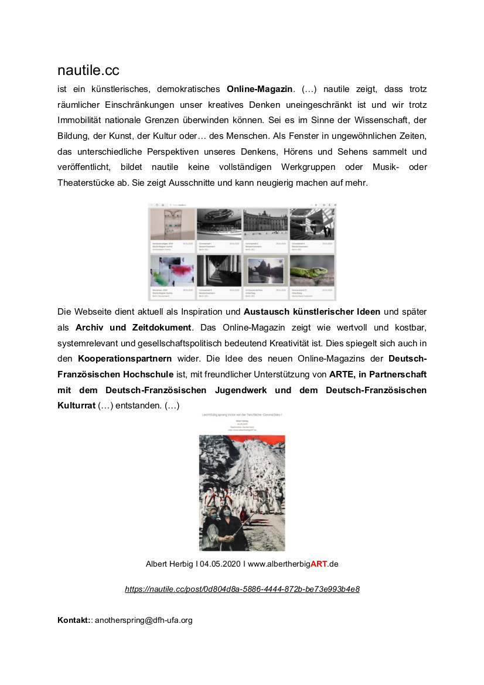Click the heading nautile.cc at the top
[x=88, y=71]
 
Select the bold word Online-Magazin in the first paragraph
[x=259, y=90]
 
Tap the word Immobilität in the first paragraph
[x=81, y=121]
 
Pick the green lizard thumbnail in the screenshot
[x=312, y=271]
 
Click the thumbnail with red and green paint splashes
[x=172, y=271]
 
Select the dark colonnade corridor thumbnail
[x=218, y=271]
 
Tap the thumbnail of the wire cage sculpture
[x=172, y=224]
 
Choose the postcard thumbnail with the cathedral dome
[x=265, y=271]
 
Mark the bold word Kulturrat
[x=76, y=405]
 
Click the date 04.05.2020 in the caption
[x=220, y=564]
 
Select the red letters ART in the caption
[x=318, y=564]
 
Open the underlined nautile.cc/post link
[x=242, y=589]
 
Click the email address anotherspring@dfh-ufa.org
[x=144, y=620]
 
